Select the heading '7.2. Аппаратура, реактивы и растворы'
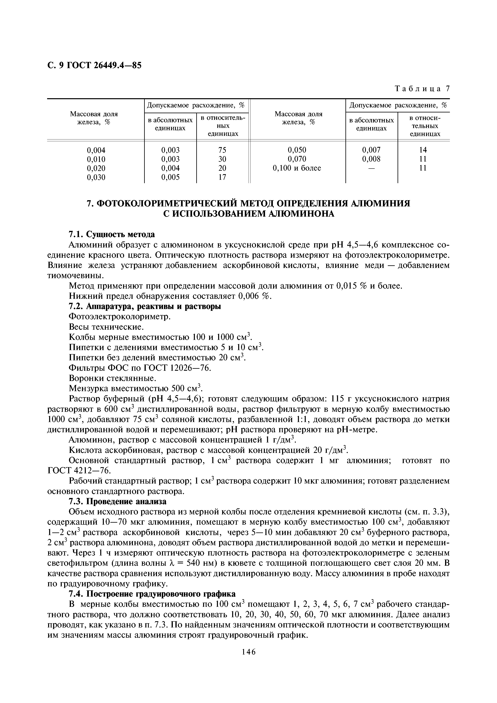145,306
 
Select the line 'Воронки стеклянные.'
113,378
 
